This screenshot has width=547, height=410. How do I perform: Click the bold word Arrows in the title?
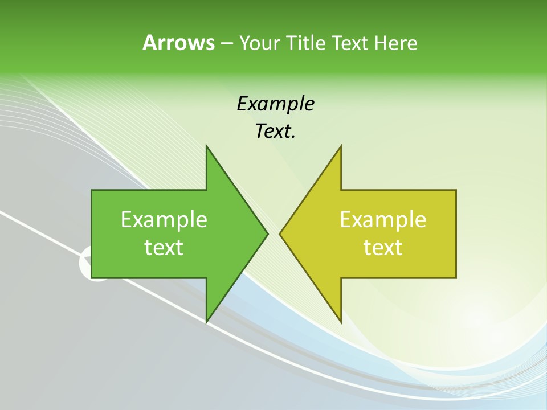coord(178,43)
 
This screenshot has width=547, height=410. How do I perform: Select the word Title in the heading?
coord(306,43)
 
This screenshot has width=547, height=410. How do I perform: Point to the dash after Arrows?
coord(226,43)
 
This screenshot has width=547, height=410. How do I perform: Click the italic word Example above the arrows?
coord(276,104)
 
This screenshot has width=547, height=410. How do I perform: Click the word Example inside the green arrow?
coord(164,219)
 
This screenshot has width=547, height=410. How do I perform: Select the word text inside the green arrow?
coord(164,247)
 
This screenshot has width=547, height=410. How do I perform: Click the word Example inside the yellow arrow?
coord(383,219)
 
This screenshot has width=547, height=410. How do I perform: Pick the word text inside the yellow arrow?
coord(383,247)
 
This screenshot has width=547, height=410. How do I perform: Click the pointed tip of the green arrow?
coord(268,233)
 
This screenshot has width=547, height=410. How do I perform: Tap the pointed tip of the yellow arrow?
coord(280,233)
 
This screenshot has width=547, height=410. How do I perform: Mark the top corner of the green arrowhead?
coord(206,146)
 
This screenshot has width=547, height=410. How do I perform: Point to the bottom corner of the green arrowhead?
coord(206,322)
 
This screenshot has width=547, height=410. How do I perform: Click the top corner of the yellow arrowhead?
coord(341,146)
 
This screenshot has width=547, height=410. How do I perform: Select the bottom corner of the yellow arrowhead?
coord(341,322)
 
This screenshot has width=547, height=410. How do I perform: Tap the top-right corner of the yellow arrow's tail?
coord(456,190)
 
